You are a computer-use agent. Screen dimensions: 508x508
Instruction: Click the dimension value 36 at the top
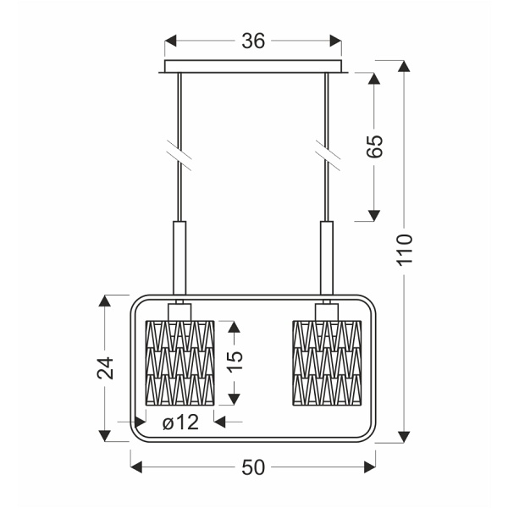click(x=253, y=41)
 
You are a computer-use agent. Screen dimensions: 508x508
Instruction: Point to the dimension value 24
click(x=105, y=368)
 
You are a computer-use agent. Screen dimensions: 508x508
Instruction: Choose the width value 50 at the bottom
click(x=253, y=467)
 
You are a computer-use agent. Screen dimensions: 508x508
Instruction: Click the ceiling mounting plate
click(x=253, y=67)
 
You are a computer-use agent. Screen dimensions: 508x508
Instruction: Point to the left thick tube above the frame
click(x=180, y=257)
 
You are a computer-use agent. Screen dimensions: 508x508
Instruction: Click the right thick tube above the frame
click(x=326, y=257)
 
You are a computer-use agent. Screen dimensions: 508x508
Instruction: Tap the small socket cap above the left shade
click(x=180, y=312)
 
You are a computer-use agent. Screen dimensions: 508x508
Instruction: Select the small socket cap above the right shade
click(x=326, y=312)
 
